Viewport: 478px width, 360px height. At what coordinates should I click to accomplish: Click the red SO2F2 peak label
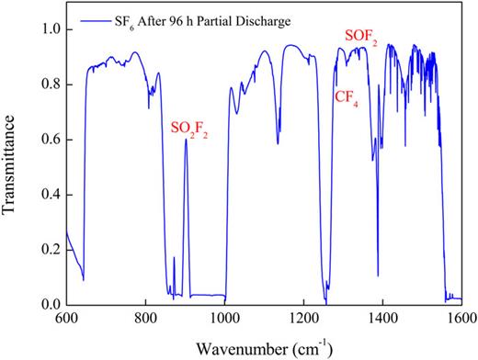(x=191, y=127)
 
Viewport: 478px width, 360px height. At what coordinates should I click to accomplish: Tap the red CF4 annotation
(x=347, y=96)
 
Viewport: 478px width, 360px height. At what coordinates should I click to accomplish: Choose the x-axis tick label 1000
(x=224, y=320)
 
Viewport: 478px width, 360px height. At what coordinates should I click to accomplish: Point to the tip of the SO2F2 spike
(x=186, y=140)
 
